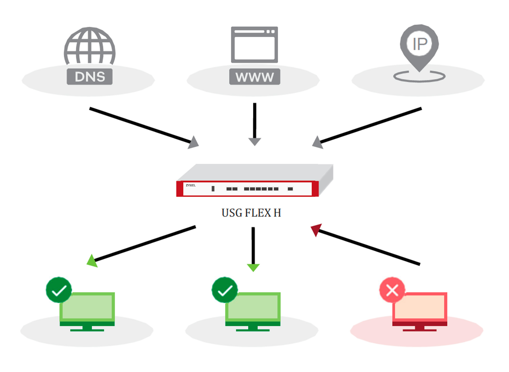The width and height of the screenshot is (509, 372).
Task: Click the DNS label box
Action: [90, 77]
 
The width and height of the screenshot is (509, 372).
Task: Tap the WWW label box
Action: [254, 77]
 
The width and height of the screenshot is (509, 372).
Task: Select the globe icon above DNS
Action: [90, 46]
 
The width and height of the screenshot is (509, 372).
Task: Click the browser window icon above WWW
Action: [254, 45]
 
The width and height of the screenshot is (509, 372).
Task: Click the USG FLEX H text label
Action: [251, 213]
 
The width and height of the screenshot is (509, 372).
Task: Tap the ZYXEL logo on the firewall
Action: [191, 185]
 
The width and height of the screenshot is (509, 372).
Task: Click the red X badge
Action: [392, 290]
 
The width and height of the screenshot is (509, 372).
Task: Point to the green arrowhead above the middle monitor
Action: [253, 267]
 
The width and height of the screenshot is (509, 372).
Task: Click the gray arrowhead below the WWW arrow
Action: [254, 141]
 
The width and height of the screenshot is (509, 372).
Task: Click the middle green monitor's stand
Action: [253, 328]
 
